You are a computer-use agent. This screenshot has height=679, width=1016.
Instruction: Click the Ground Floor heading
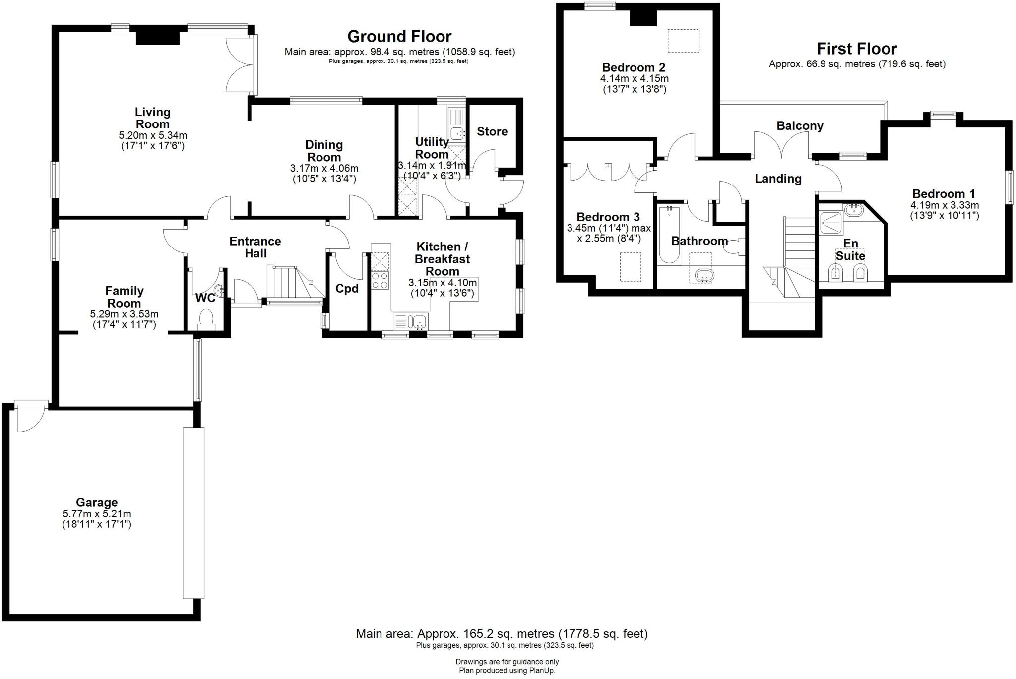[x=399, y=37]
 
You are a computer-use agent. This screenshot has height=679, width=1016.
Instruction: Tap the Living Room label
[x=153, y=118]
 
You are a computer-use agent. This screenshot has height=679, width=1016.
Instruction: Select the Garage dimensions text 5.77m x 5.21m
[x=97, y=514]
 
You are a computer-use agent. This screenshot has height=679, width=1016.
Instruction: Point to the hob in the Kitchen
[x=381, y=281]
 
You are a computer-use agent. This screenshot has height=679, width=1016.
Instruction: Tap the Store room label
[x=492, y=131]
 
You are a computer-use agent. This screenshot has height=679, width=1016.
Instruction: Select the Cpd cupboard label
[x=347, y=289]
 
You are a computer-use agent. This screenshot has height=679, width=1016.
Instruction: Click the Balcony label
[x=800, y=126]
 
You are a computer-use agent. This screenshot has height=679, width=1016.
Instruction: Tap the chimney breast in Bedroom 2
[x=643, y=18]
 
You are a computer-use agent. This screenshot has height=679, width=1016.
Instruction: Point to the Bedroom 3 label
[x=608, y=217]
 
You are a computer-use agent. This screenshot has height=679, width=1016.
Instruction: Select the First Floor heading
[x=857, y=49]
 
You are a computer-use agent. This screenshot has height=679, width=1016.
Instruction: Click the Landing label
[x=778, y=179]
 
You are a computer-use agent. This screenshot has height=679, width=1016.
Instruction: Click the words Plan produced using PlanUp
[x=507, y=671]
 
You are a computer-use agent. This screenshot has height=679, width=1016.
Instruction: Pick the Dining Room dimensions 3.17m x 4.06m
[x=324, y=169]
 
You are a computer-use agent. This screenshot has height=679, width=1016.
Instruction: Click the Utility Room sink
[x=457, y=132]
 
